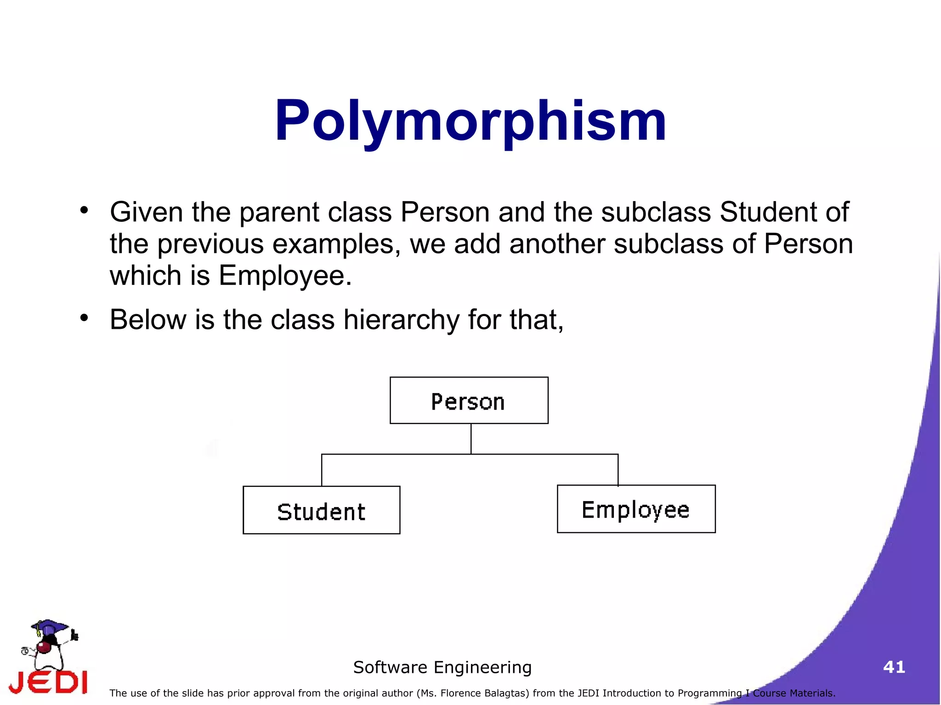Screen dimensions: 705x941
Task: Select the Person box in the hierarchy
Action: tap(469, 400)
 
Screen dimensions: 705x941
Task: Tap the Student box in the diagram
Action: tap(321, 510)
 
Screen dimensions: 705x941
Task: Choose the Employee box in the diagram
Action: tap(636, 509)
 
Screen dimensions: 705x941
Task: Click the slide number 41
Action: tap(894, 667)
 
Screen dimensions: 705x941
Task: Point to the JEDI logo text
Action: tap(48, 682)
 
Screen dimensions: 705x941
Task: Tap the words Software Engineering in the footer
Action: tap(442, 667)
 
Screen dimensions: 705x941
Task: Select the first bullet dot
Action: tap(84, 210)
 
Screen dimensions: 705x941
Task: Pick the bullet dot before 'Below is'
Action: tap(84, 317)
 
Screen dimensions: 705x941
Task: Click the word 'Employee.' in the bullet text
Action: tap(285, 276)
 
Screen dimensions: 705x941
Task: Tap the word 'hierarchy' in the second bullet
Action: tap(401, 320)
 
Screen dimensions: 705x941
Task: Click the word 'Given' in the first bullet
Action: tap(147, 212)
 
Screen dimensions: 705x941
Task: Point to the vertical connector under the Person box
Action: tap(471, 439)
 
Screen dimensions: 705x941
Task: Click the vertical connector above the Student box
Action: tap(322, 470)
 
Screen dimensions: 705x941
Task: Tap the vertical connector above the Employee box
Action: tap(618, 469)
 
